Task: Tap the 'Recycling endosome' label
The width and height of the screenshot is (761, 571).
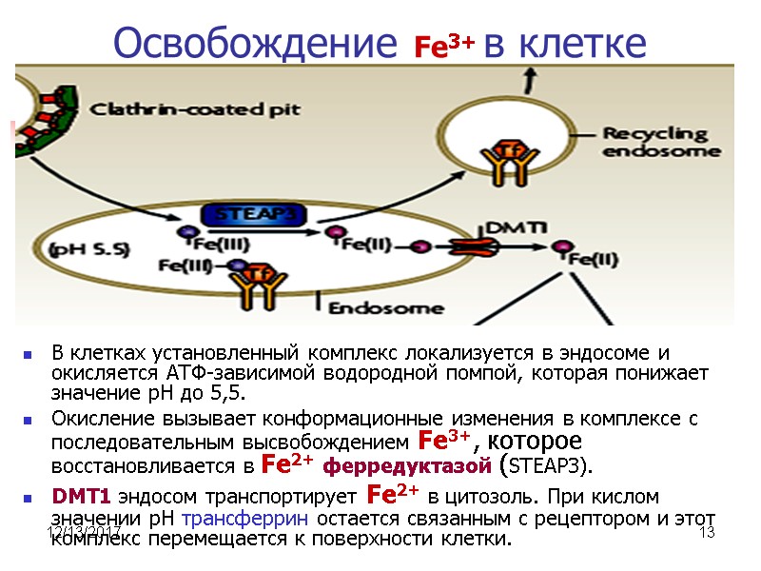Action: (655, 142)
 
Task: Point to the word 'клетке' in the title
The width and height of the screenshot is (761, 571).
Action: (584, 44)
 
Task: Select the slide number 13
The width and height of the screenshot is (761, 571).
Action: (706, 533)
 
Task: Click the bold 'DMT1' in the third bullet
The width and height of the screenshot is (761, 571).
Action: (81, 497)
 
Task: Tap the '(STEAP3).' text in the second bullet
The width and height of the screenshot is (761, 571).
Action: (550, 466)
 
